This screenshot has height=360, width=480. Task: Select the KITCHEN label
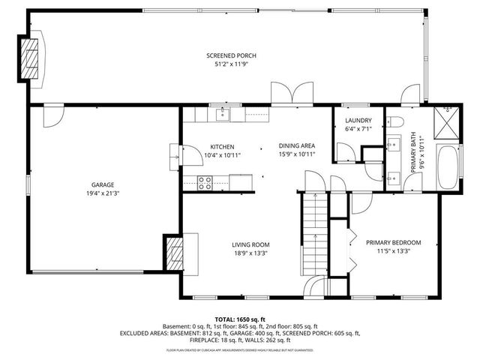222,146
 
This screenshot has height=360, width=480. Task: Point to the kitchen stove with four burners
205,180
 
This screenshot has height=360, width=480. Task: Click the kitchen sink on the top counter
222,114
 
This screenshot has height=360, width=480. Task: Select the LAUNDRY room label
358,121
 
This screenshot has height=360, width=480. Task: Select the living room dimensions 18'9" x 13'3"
250,253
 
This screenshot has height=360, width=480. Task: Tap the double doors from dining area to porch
287,95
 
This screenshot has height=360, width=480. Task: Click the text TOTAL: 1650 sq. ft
240,319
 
